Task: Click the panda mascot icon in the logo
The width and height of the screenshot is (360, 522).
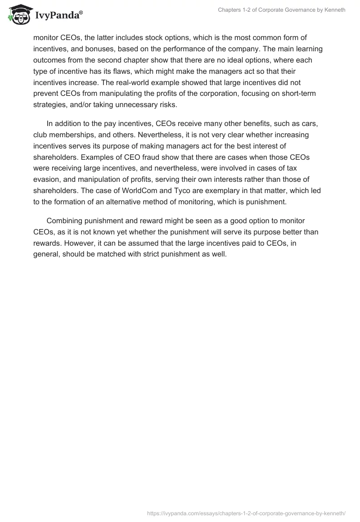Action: [18, 15]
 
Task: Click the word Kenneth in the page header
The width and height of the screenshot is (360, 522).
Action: [333, 10]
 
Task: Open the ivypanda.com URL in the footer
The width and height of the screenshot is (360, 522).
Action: [247, 513]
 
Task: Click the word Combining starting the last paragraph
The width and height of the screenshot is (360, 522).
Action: [66, 221]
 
